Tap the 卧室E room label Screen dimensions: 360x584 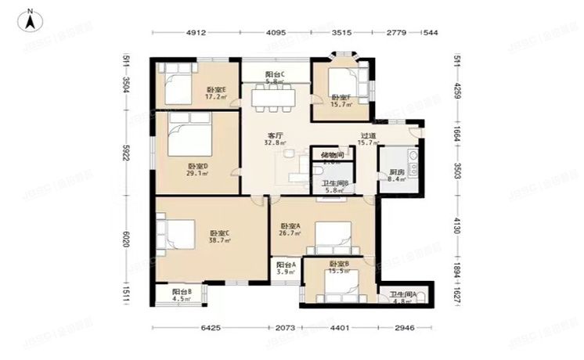pos(216,93)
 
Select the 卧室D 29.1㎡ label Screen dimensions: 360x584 pos(198,170)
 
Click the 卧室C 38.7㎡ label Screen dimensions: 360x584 pos(220,237)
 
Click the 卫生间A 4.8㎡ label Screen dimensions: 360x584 pos(404,297)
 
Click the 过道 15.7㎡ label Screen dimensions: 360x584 pos(369,139)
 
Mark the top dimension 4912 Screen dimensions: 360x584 pos(196,33)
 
